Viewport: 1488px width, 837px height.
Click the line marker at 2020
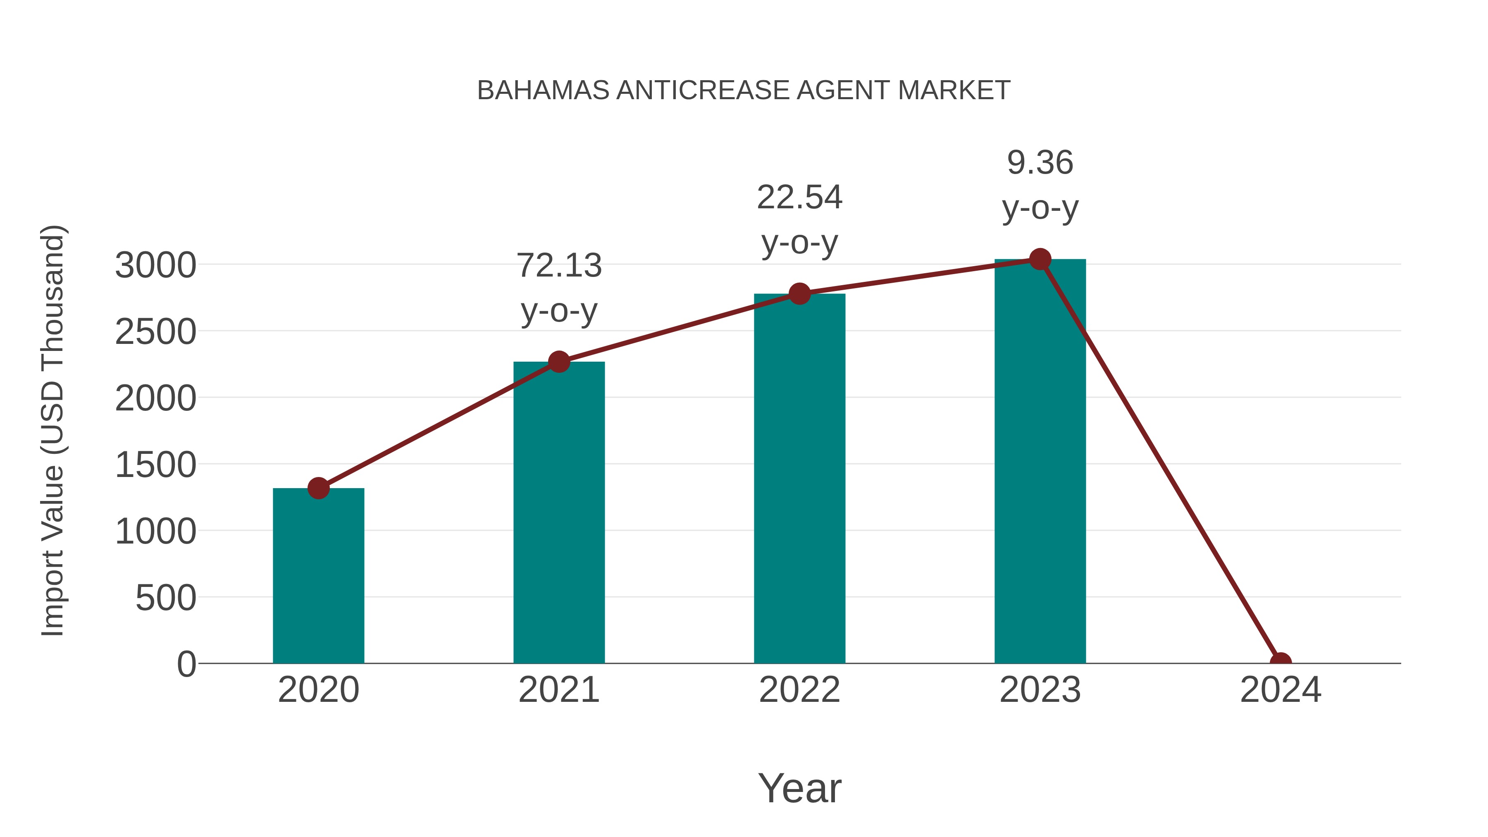(318, 488)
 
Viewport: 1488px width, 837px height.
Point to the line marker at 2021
(558, 362)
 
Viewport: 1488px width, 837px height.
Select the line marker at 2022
(799, 293)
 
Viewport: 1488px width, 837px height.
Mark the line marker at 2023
(1040, 259)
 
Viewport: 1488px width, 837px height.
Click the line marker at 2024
(1281, 662)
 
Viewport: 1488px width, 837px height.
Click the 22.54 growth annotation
(799, 219)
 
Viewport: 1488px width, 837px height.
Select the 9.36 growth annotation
(1040, 185)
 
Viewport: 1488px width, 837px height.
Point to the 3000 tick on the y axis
(155, 266)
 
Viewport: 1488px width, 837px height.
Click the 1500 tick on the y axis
(155, 465)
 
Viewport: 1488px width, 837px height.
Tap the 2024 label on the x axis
(1281, 690)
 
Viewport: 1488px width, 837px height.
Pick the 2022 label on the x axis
(799, 690)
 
